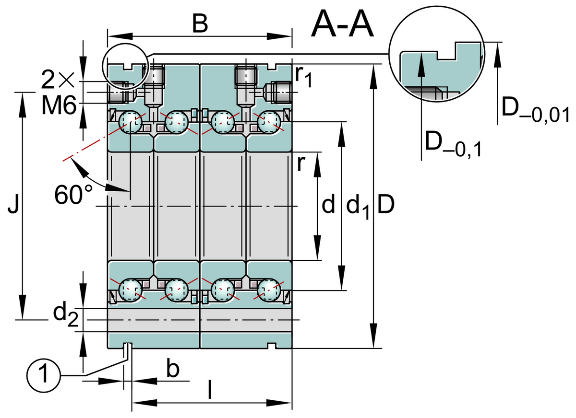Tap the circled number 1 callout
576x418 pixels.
coord(44,373)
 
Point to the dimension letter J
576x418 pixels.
coord(14,207)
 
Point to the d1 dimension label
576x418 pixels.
coord(357,207)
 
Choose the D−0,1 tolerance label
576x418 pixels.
coord(454,144)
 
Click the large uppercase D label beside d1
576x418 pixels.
coord(386,206)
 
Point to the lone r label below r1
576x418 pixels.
coord(301,163)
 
